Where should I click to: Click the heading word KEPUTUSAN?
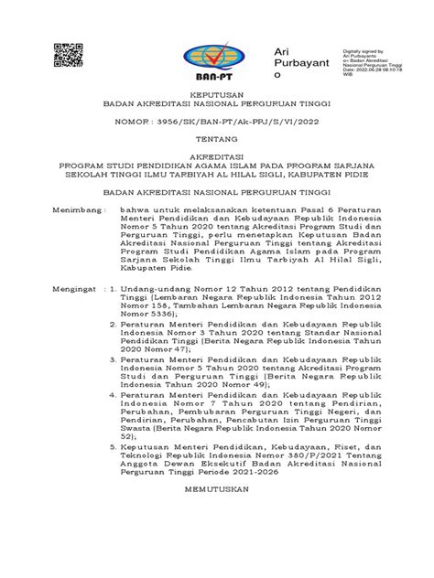216,94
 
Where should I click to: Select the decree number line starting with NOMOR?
216,120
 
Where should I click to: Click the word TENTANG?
216,142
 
